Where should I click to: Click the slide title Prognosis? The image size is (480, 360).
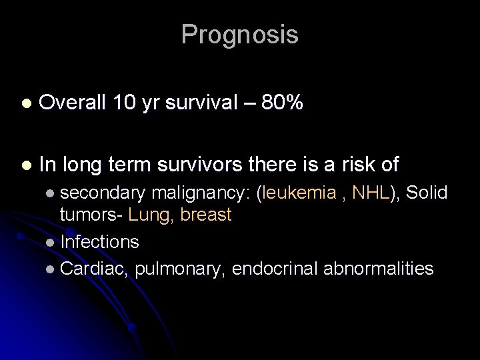pos(239,35)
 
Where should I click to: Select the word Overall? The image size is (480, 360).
pos(73,103)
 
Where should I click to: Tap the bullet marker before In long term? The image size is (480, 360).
pos(25,164)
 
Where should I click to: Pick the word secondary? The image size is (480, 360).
pos(103,193)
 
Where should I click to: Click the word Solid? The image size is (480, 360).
pos(427,193)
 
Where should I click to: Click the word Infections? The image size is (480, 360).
pos(99,241)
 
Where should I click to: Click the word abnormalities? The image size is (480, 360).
pos(378,269)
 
